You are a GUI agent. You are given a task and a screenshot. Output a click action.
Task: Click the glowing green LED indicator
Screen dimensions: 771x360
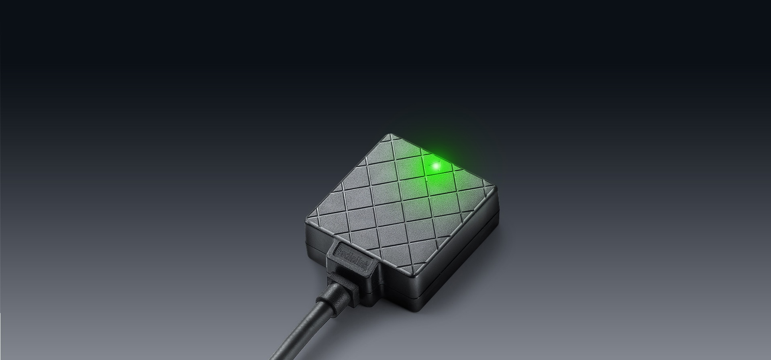[435, 165]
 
